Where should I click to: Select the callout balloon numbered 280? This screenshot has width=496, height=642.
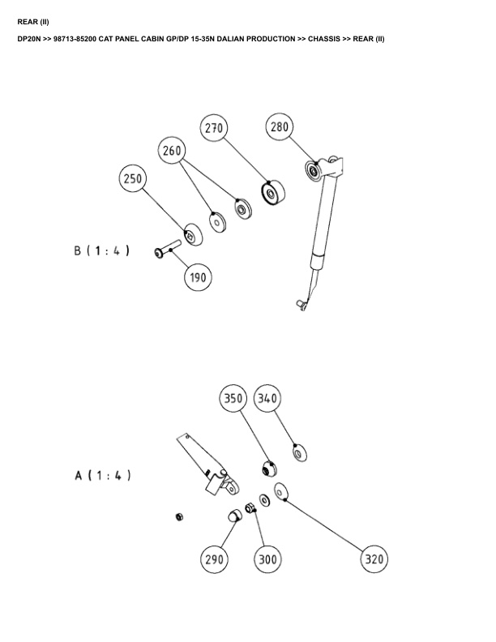[279, 127]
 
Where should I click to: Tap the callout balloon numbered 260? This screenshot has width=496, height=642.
[173, 151]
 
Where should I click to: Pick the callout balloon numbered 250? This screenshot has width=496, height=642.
[134, 179]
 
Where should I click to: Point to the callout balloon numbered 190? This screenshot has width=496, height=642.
[195, 277]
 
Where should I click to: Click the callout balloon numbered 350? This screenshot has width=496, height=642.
[234, 399]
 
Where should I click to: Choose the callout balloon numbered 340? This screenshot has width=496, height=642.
[268, 399]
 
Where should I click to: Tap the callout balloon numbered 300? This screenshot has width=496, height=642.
[267, 559]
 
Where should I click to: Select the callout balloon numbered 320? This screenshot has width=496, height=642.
[374, 559]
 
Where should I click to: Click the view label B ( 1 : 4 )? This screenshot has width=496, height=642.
[102, 251]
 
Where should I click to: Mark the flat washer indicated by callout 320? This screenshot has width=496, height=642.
[282, 491]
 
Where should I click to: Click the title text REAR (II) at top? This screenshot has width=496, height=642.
[33, 21]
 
